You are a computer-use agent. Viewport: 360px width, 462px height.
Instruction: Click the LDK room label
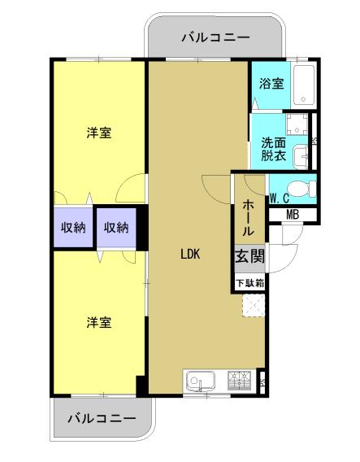[190, 254]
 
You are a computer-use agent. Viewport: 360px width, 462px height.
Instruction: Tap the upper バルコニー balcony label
[216, 37]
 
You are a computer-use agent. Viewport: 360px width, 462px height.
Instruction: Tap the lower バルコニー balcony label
[102, 418]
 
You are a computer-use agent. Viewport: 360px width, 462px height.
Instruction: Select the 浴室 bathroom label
[271, 84]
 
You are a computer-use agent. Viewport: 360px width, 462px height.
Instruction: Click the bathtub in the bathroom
[305, 85]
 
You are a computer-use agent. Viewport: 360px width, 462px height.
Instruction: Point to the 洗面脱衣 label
[274, 150]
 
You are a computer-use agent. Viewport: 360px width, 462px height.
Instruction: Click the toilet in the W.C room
[301, 189]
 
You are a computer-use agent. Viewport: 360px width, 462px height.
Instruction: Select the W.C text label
[280, 199]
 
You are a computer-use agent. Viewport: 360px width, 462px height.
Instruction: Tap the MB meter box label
[293, 215]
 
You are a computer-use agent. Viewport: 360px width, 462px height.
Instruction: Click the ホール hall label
[248, 218]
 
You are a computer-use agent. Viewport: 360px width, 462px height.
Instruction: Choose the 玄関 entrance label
[249, 255]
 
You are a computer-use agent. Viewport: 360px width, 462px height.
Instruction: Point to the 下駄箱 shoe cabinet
[250, 283]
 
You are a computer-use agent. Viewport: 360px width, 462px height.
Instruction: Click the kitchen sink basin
[200, 381]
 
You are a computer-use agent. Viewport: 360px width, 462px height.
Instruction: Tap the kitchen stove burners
[239, 381]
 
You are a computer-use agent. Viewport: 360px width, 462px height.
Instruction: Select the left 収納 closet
[73, 228]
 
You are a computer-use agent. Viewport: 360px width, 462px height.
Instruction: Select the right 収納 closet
[116, 228]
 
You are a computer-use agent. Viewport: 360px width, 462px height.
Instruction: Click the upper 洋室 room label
[99, 133]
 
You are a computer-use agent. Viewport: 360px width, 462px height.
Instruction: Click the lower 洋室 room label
[99, 322]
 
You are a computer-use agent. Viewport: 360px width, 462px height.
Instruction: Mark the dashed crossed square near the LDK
[254, 306]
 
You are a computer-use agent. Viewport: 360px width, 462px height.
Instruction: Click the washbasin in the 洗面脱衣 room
[301, 157]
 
